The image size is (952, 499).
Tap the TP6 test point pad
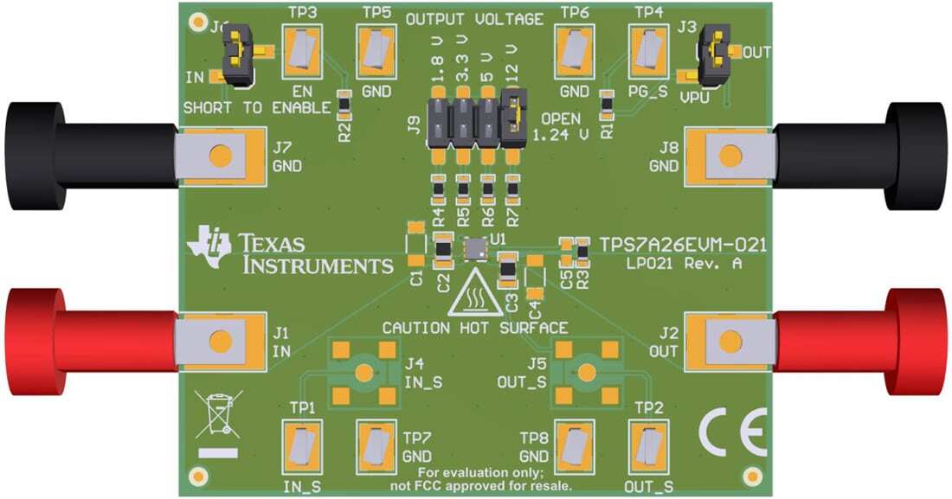point(574,51)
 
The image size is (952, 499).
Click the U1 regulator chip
point(474,250)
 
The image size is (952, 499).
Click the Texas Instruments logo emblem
point(210,246)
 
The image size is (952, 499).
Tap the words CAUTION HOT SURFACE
point(474,328)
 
